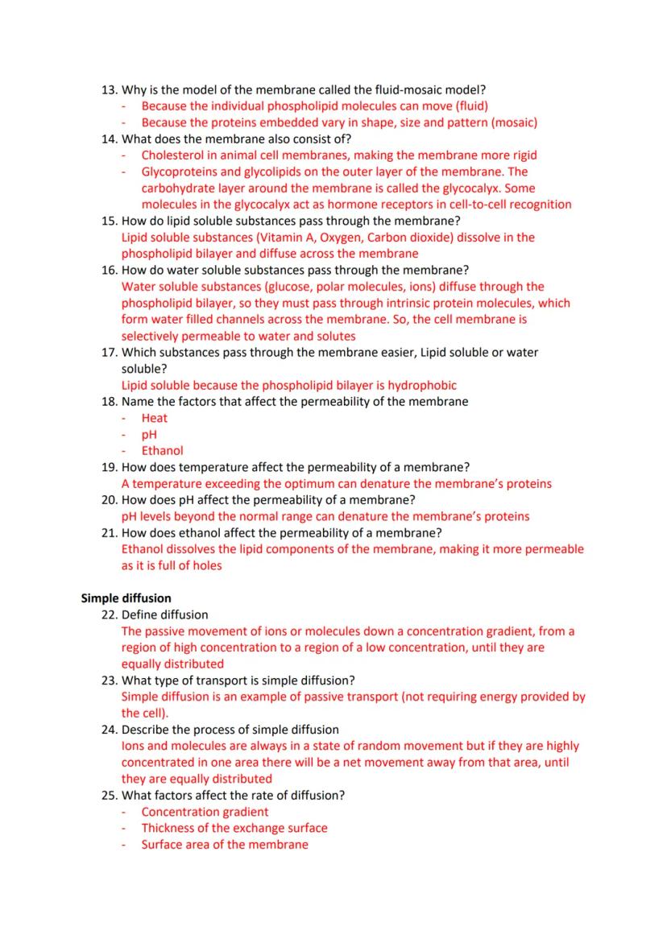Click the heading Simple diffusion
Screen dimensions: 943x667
pos(126,598)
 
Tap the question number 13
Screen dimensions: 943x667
pos(109,89)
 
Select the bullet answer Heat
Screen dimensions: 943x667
pos(155,418)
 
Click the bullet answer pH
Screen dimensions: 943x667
pos(149,434)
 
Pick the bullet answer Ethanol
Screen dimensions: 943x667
pos(162,451)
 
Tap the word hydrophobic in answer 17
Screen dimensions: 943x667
pos(423,385)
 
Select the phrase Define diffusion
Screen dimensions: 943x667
pos(164,614)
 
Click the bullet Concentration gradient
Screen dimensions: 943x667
pos(205,812)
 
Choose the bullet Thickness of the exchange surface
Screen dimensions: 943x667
pos(234,828)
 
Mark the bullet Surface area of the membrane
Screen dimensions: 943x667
pos(225,845)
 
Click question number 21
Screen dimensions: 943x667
pos(109,532)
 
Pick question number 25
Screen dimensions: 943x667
pos(109,795)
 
